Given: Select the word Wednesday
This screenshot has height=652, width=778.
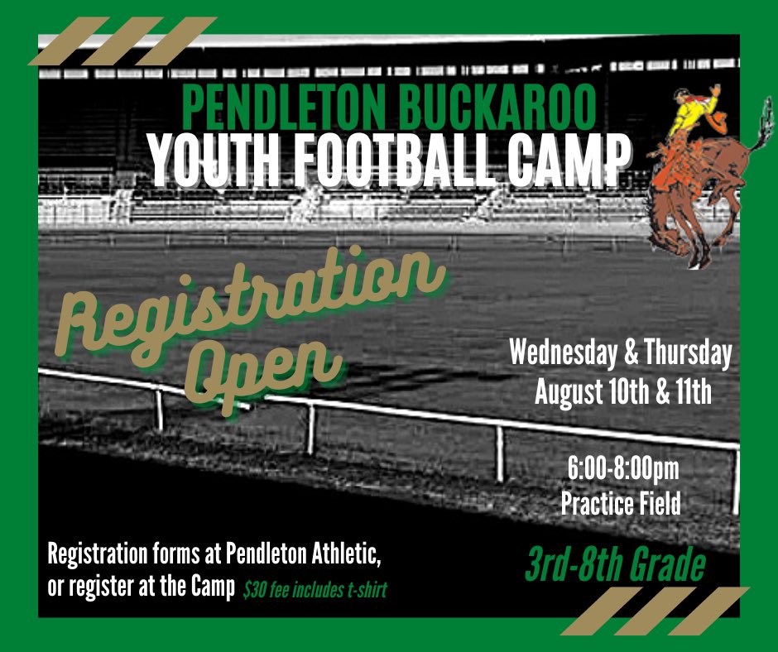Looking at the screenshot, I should pyautogui.click(x=560, y=355).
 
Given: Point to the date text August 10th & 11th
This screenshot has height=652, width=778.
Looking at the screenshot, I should pyautogui.click(x=622, y=391).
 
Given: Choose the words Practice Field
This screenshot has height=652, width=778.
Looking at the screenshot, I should pyautogui.click(x=621, y=502).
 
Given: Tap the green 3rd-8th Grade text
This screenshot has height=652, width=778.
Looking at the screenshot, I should pyautogui.click(x=614, y=566).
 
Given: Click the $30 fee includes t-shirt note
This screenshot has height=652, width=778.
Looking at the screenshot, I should pyautogui.click(x=315, y=591).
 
